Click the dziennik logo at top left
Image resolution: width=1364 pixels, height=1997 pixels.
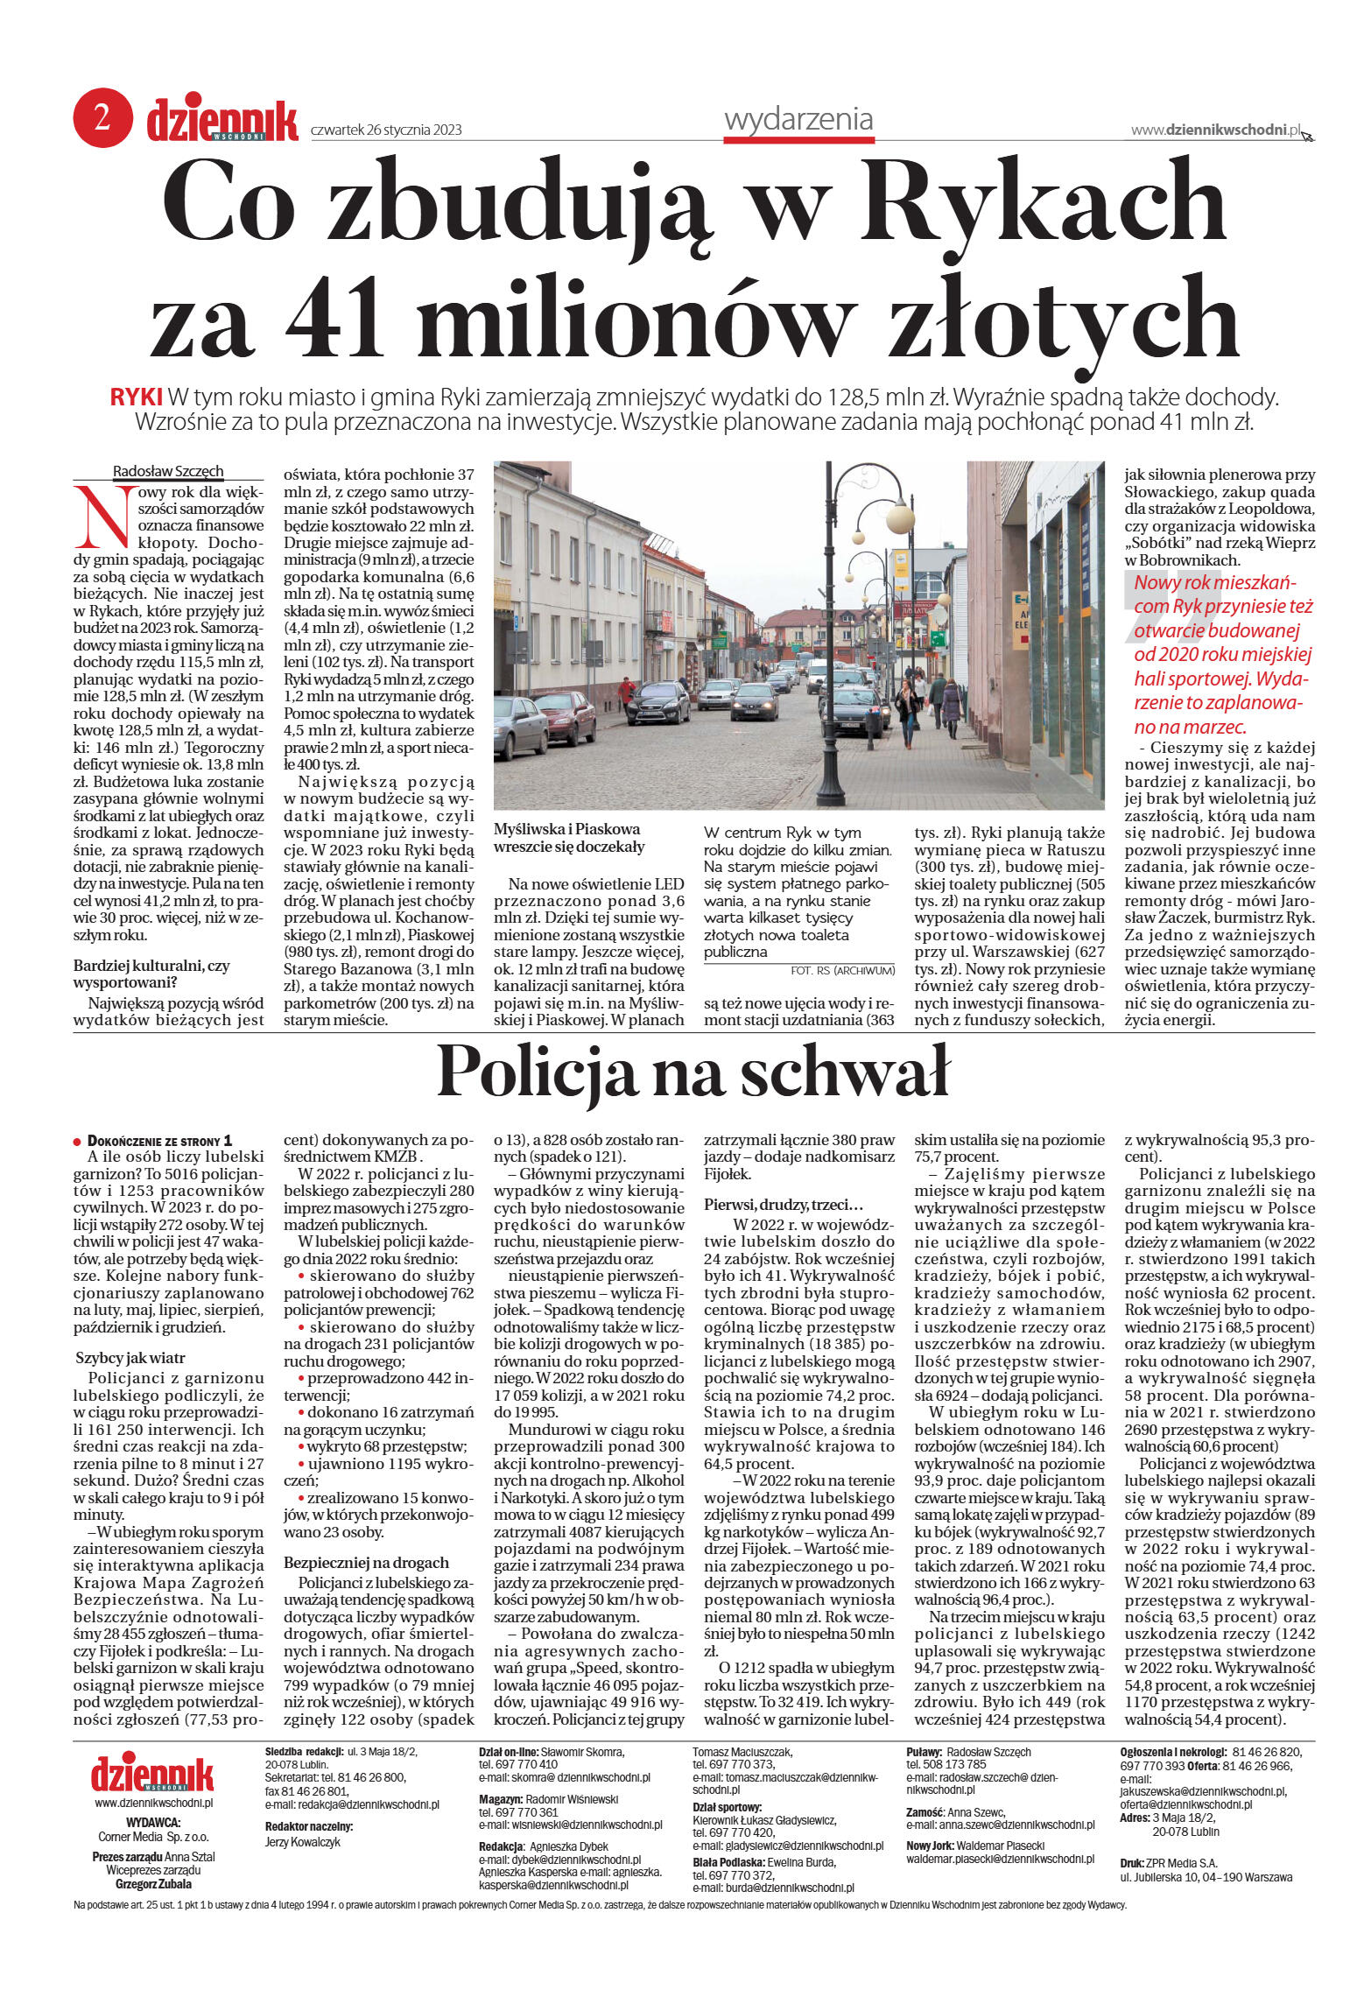pyautogui.click(x=221, y=121)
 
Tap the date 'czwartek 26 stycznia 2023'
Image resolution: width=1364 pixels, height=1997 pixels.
pyautogui.click(x=386, y=130)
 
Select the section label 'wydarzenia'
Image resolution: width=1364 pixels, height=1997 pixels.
pyautogui.click(x=798, y=119)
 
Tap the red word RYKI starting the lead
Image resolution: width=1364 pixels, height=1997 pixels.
pyautogui.click(x=136, y=397)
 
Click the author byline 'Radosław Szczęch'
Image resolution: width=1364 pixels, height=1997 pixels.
pyautogui.click(x=168, y=471)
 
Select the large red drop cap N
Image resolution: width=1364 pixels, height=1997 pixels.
pyautogui.click(x=103, y=517)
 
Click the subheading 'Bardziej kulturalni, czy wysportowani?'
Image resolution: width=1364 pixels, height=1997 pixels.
pyautogui.click(x=151, y=974)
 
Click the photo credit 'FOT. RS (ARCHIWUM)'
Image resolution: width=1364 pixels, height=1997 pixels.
pyautogui.click(x=842, y=970)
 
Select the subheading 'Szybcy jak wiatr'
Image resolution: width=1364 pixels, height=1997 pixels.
pyautogui.click(x=130, y=1358)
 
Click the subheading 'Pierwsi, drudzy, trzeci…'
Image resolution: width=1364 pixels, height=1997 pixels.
pyautogui.click(x=784, y=1205)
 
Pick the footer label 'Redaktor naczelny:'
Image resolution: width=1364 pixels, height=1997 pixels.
pyautogui.click(x=308, y=1826)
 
